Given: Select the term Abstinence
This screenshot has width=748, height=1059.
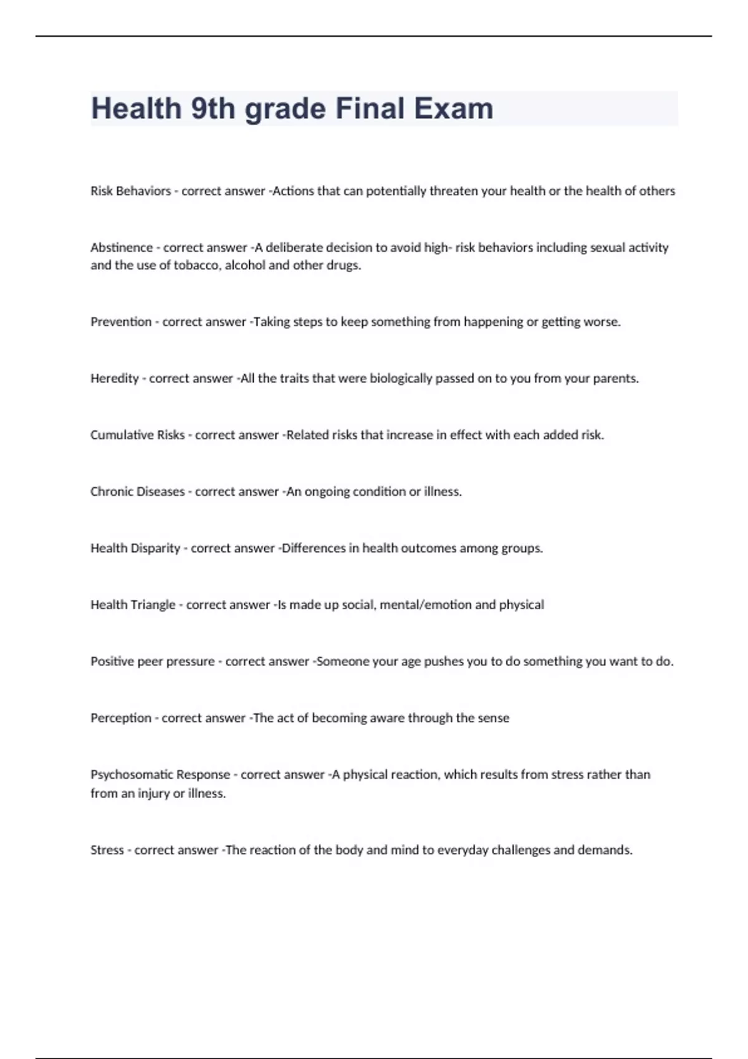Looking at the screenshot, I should click(121, 247).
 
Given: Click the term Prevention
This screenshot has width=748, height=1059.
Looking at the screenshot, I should click(121, 321).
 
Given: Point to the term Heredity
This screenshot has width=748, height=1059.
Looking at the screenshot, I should click(114, 378).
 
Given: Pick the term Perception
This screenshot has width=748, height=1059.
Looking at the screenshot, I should click(120, 718).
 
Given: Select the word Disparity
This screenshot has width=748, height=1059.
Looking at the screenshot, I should click(155, 548).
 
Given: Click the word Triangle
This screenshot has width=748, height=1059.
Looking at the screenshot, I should click(154, 604).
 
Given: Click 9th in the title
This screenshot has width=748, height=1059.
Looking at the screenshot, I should click(214, 108).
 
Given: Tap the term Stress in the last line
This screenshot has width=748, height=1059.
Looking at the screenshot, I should click(107, 850).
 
